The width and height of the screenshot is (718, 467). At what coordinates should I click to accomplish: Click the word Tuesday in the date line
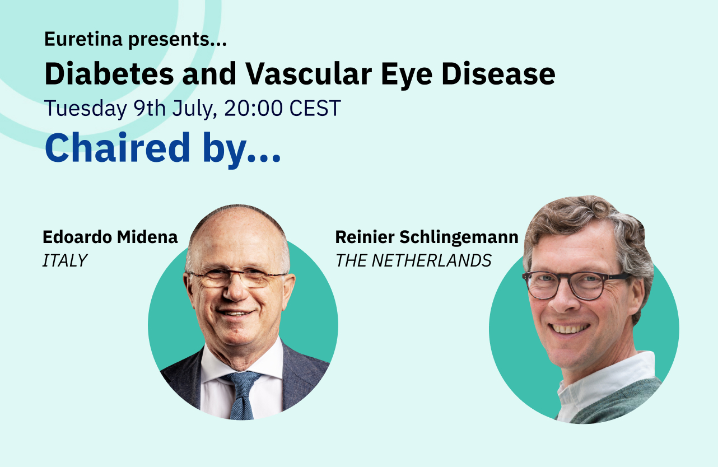pos(86,108)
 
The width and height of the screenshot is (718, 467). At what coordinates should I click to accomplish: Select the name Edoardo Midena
pos(110,237)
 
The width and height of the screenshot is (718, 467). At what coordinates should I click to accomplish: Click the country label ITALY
pos(64,260)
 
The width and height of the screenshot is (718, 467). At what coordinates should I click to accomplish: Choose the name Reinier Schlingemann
pos(426,237)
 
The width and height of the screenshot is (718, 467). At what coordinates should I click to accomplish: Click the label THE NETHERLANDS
pos(413,260)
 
